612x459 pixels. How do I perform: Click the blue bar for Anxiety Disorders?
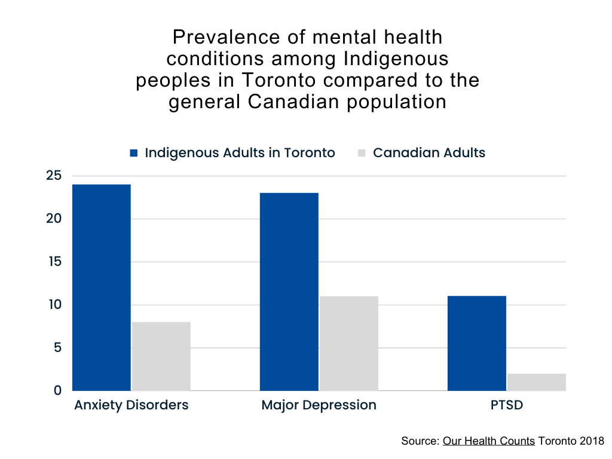point(101,287)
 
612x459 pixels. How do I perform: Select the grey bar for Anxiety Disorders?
point(161,356)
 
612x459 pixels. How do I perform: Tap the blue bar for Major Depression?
point(289,292)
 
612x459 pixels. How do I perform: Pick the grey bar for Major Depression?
point(349,343)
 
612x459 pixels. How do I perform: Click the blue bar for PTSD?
point(476,343)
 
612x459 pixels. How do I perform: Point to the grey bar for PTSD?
point(537,382)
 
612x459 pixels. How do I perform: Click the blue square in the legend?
point(134,153)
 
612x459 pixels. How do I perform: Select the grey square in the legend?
point(361,153)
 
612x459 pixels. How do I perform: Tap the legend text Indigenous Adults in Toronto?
point(240,153)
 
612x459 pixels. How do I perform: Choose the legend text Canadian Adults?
point(429,153)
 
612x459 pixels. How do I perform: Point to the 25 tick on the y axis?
point(54,176)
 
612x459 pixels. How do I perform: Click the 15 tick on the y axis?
point(54,262)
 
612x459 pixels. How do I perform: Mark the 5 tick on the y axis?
point(57,348)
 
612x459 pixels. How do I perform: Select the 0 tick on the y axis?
point(57,391)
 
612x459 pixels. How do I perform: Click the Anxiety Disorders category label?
point(131,405)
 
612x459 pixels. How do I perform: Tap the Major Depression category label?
point(319,405)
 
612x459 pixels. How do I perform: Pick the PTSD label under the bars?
point(506,405)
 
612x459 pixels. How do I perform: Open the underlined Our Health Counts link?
point(488,441)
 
